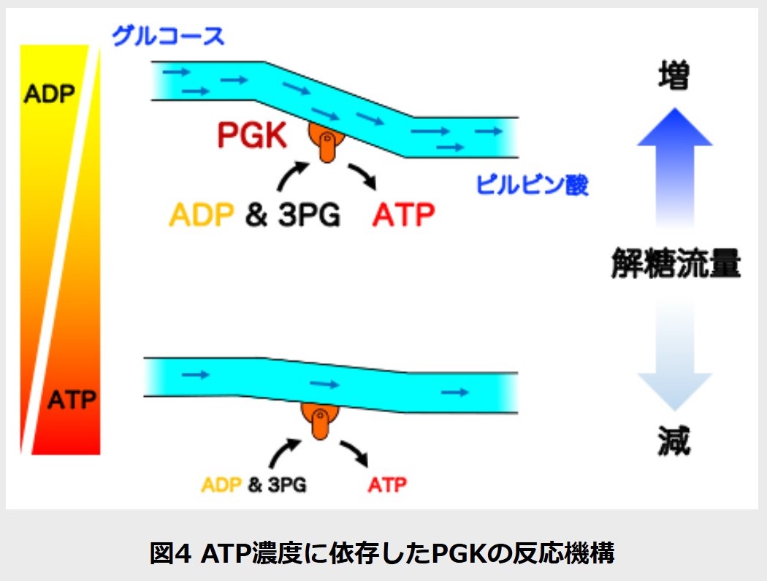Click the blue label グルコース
point(168,36)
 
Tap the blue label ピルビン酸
point(533,184)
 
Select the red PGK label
point(251,135)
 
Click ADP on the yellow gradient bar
point(50,94)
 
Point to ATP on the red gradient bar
point(72,400)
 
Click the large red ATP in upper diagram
point(403,214)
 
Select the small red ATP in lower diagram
point(387,485)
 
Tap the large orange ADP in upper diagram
point(201,214)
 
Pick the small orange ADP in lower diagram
point(221,485)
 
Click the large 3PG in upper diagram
point(309,214)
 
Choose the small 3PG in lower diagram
point(287,485)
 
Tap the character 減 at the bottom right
point(673,441)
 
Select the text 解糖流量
point(676,263)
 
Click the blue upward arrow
point(674,167)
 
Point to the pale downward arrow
point(674,355)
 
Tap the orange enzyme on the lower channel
point(319,421)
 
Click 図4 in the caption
point(169,553)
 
